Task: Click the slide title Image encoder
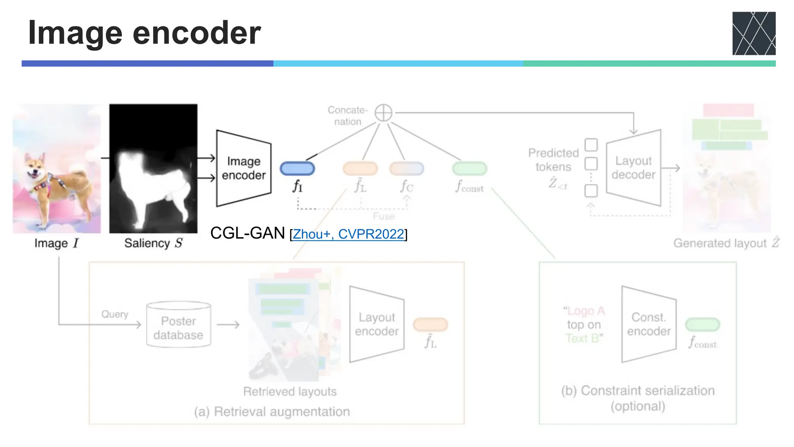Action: [144, 33]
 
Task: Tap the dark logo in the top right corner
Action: [753, 33]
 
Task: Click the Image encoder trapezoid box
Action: [243, 168]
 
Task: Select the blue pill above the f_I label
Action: [297, 168]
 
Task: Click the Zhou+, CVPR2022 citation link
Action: [348, 234]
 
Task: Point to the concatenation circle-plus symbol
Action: [383, 113]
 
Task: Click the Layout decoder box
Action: [633, 168]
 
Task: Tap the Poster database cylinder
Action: [178, 325]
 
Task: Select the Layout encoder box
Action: [376, 324]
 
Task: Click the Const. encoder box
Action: [649, 324]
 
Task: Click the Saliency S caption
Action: [153, 243]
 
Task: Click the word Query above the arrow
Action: [115, 314]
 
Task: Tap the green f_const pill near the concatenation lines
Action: [469, 168]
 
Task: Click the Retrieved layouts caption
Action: [290, 392]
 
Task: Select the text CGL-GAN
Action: [247, 233]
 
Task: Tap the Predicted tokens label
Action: [553, 160]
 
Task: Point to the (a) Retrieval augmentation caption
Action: [272, 411]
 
